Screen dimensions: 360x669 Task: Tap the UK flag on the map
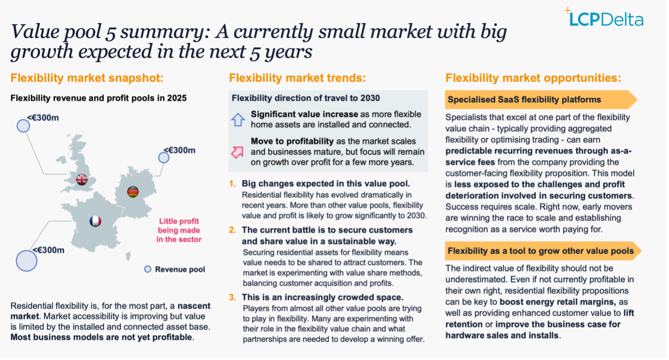pos(82,179)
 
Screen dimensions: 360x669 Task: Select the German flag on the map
pos(133,192)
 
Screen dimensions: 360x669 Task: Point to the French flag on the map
pos(95,221)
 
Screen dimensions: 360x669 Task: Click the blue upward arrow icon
pos(238,120)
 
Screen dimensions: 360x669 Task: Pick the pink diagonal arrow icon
pos(237,152)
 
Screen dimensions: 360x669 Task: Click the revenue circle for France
pos(27,260)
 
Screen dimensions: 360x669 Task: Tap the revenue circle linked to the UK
pos(23,126)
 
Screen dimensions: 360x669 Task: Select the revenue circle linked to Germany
pos(164,158)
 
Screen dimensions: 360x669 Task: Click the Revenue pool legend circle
pos(148,269)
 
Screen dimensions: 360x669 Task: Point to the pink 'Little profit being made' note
pos(179,230)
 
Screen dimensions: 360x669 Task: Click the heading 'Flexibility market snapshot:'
pos(87,78)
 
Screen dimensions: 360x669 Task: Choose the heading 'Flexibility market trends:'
pos(297,78)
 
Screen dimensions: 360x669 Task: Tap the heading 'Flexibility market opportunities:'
pos(533,78)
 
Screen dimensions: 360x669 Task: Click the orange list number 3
pos(233,297)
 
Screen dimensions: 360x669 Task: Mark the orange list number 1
pos(233,184)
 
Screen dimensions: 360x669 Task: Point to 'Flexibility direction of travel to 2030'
pos(305,98)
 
